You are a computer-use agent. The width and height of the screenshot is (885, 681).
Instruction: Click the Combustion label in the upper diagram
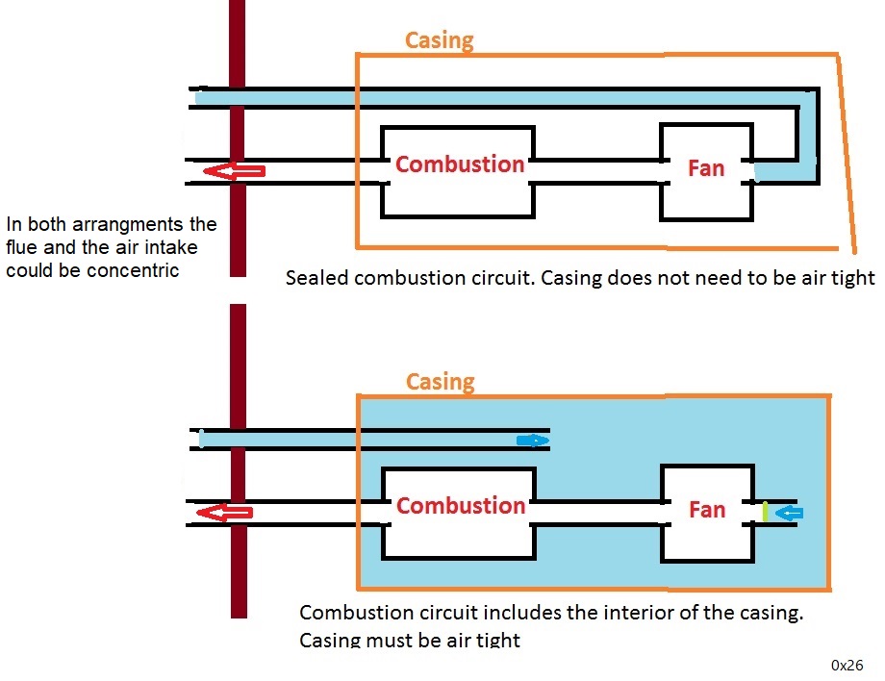tap(460, 164)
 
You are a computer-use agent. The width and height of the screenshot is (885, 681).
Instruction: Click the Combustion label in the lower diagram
tap(461, 506)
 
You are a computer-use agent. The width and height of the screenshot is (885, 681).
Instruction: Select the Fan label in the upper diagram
tap(706, 168)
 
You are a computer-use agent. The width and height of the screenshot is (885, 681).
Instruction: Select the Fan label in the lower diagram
tap(707, 510)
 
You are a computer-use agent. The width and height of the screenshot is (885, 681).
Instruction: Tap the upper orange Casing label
tap(439, 40)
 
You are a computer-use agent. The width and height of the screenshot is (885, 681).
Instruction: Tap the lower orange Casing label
tap(440, 382)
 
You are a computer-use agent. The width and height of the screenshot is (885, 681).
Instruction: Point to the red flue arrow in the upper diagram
tap(234, 171)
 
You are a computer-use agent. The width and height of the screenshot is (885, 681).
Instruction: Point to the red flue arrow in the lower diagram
tap(224, 513)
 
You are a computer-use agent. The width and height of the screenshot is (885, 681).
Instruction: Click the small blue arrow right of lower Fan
tap(789, 513)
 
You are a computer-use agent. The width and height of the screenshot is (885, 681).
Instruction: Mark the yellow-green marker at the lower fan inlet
tap(765, 512)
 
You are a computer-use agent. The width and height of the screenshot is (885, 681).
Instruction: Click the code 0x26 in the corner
tap(847, 665)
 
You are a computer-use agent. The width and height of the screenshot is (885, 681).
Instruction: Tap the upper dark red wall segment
tap(237, 135)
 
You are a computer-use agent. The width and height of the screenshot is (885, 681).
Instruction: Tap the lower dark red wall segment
tap(239, 462)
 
